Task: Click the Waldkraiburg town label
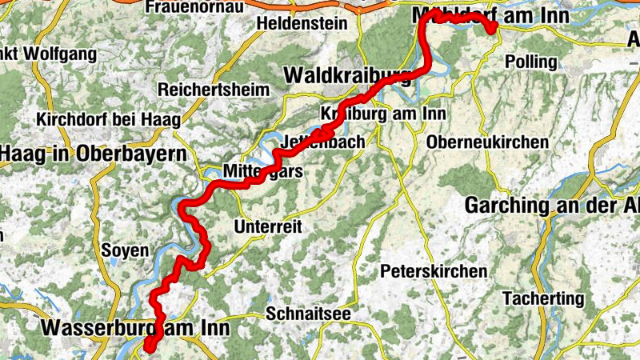348,75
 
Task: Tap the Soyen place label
126,250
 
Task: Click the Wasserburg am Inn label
135,328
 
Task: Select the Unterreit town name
267,227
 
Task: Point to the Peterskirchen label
434,271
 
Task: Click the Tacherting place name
544,298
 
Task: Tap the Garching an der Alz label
552,205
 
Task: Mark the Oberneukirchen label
489,142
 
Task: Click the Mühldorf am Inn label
490,16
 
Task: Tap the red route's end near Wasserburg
149,345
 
